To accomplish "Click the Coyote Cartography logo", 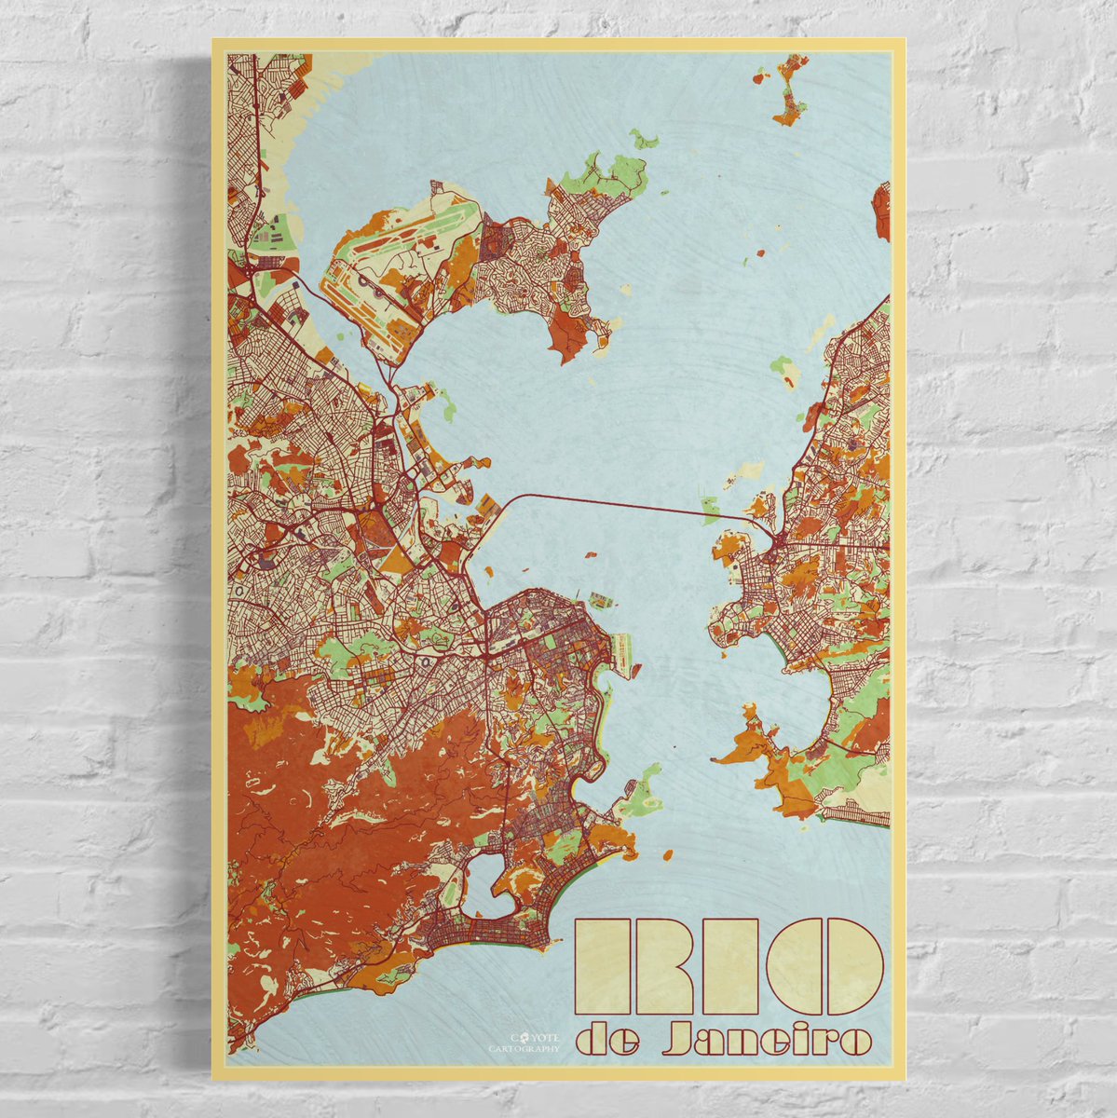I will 525,1041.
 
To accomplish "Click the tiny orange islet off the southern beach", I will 666,853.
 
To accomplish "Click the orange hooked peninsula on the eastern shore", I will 745,745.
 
